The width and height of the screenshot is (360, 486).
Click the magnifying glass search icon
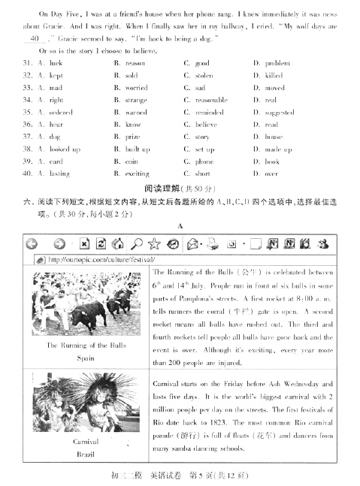point(138,243)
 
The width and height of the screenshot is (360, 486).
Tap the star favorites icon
point(155,243)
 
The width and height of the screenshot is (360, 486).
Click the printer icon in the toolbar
point(212,243)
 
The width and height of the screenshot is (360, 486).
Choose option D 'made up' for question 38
point(277,149)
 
